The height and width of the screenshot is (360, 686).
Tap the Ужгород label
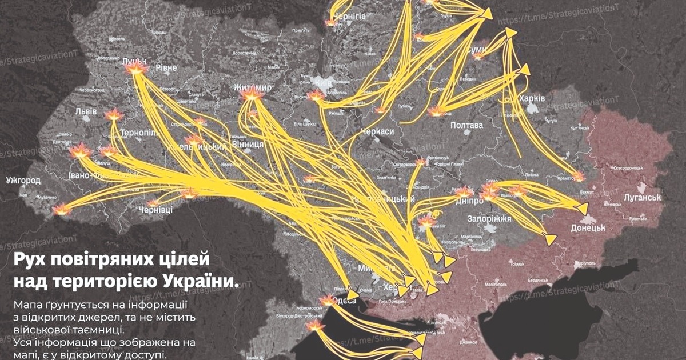point(23,181)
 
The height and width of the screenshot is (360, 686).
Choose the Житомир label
point(253,87)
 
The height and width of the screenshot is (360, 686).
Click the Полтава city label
point(467,125)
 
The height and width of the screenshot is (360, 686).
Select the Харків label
point(532,99)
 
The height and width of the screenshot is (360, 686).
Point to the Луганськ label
point(642,198)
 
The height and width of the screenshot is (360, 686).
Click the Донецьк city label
point(588,228)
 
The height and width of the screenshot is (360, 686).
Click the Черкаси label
point(378,132)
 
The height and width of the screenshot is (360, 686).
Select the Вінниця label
point(248,144)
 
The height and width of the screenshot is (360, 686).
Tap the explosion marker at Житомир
point(252,96)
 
